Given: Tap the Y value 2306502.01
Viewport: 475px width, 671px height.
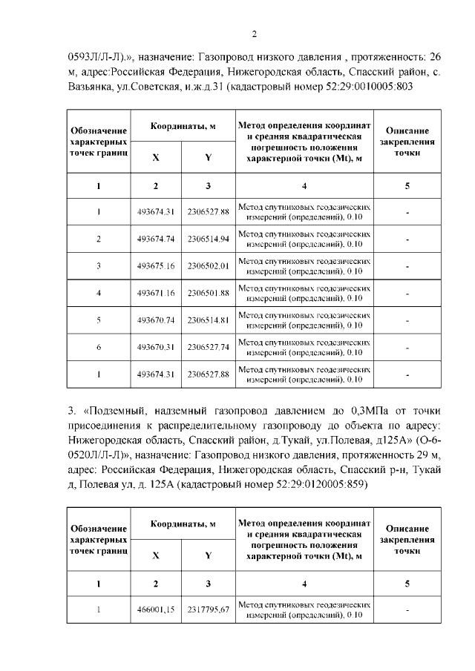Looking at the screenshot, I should pyautogui.click(x=209, y=265).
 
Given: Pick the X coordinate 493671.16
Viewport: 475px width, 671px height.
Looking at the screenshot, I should pyautogui.click(x=155, y=293).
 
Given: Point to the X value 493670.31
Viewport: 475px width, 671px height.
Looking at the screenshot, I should pyautogui.click(x=155, y=347).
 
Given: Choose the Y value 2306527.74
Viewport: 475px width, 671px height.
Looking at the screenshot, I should pyautogui.click(x=209, y=347).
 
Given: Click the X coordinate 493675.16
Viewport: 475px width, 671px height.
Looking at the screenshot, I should pyautogui.click(x=155, y=265).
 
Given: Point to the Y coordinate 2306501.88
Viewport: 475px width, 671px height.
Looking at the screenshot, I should pyautogui.click(x=209, y=293).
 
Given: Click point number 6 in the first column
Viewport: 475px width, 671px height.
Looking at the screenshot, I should pyautogui.click(x=99, y=347).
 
